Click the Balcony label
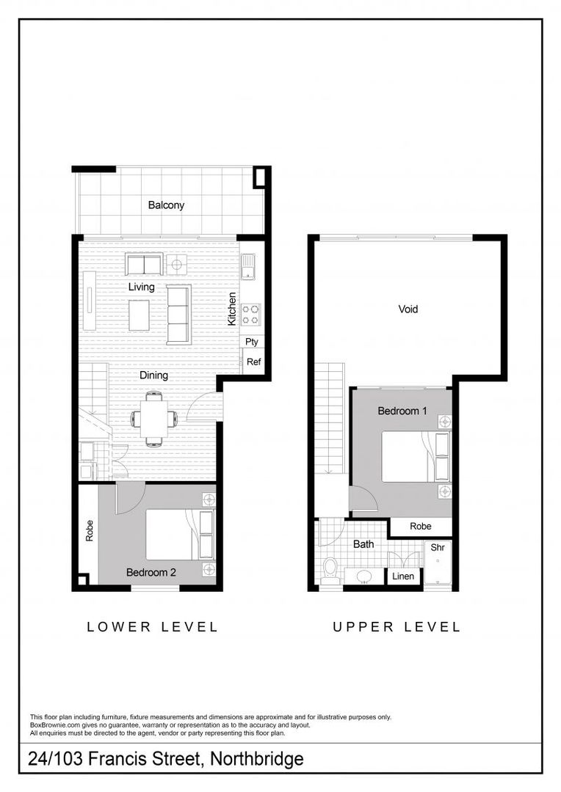tap(166, 205)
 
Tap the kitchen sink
tap(248, 267)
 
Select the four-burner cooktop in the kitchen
tap(250, 314)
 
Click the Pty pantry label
tap(251, 342)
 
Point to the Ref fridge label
tap(253, 362)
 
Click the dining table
tap(153, 419)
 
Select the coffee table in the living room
tap(139, 315)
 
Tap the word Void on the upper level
tap(408, 309)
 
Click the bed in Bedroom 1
tap(416, 457)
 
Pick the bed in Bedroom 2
tap(180, 535)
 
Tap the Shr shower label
tap(438, 547)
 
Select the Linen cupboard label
tap(402, 576)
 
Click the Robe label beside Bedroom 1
tap(420, 526)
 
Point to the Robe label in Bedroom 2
tap(89, 531)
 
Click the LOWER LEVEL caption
tap(152, 627)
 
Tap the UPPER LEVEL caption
tap(397, 627)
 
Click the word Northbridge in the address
tap(256, 758)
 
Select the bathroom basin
tap(363, 576)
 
